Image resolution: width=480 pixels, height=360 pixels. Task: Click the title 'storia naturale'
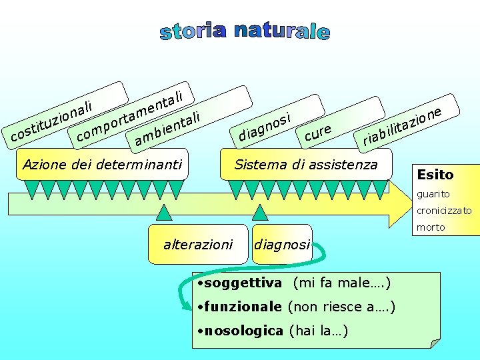pos(245,31)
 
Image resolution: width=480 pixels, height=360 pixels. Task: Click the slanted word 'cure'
pos(317,133)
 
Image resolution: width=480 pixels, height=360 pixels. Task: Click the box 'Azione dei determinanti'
pos(102,164)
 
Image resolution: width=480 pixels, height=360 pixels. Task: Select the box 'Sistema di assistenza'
pos(306,164)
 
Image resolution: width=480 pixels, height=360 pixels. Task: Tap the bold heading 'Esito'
pos(435,175)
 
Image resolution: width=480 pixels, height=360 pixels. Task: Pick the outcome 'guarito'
pos(433,194)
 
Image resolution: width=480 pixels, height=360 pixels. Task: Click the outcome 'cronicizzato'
pos(444,211)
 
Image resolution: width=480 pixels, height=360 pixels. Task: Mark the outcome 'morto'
pos(431,227)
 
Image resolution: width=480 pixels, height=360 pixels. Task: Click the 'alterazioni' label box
pos(198,245)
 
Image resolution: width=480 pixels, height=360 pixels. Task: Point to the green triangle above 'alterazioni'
pos(163,212)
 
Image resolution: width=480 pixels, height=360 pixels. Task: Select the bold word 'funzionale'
pos(243,307)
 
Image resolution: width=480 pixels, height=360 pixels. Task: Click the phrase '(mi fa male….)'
pos(341,283)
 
